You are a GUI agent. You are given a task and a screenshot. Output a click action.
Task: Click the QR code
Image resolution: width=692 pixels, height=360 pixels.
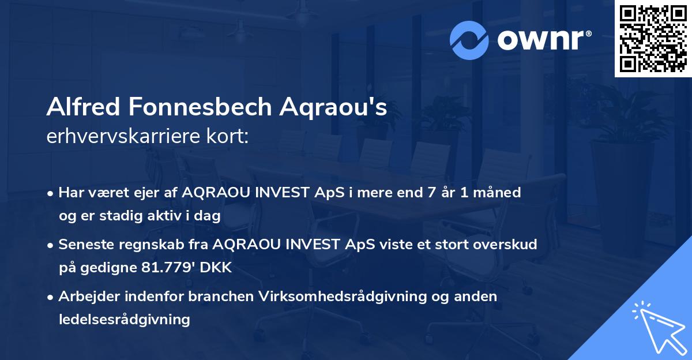pos(652,38)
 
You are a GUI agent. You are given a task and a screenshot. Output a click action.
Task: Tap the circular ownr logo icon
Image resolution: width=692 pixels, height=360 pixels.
pos(468,40)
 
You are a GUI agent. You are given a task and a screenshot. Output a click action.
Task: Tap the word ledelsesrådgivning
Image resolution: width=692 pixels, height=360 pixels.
pos(124,319)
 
